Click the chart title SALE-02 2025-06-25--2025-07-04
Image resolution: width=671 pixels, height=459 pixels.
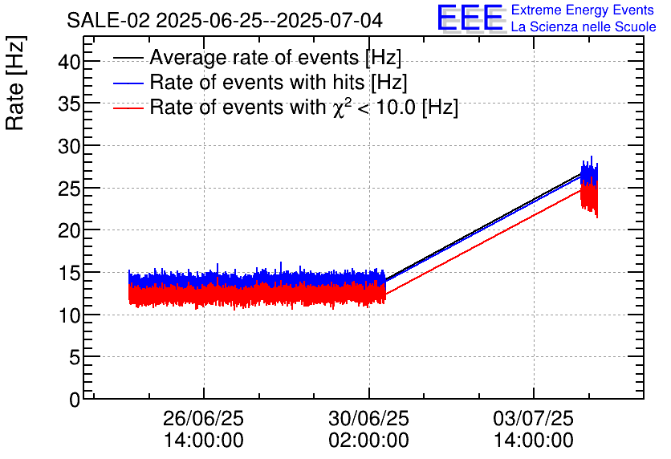(x=224, y=20)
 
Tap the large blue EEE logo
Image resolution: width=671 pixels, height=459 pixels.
(x=470, y=18)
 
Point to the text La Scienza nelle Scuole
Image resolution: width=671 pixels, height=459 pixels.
(x=584, y=27)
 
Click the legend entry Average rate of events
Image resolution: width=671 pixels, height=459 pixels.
(x=275, y=58)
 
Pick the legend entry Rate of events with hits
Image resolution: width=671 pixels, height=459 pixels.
(x=279, y=82)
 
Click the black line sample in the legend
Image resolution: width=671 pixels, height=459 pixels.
(x=128, y=58)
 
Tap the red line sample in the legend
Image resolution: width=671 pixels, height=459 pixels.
(x=128, y=107)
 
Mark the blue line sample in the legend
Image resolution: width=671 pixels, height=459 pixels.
(x=128, y=82)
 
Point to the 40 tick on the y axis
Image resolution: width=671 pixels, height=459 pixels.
(x=70, y=62)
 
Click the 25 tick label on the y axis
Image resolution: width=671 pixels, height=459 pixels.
(x=70, y=189)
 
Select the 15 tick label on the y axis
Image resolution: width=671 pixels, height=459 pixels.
(x=70, y=273)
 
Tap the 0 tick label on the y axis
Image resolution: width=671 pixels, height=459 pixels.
(x=75, y=400)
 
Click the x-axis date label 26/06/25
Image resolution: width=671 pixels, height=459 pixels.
(x=203, y=419)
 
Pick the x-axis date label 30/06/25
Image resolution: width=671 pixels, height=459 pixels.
(x=368, y=419)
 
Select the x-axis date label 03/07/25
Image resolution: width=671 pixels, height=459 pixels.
(x=534, y=419)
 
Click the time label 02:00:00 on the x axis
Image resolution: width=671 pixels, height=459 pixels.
(x=368, y=441)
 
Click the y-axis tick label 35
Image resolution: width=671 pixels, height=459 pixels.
(x=70, y=104)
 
